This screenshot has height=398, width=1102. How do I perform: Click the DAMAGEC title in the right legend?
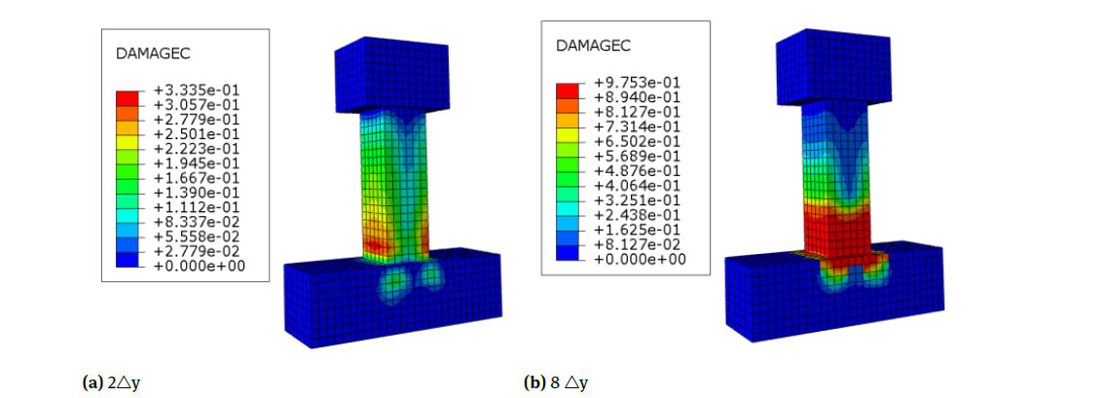pos(593,46)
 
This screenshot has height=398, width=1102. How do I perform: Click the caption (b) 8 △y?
pos(556,382)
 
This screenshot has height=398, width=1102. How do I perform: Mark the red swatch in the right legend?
pos(568,90)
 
